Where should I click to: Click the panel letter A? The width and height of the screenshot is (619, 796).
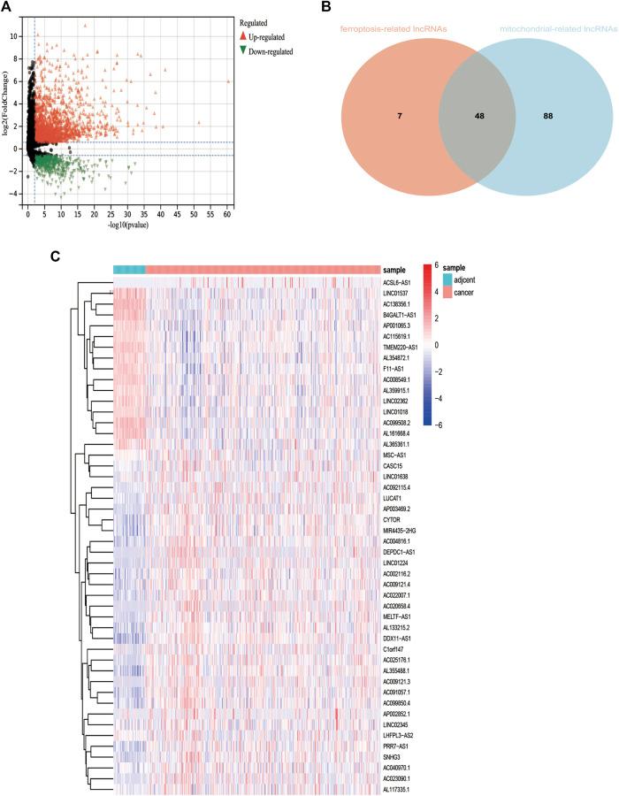pos(8,9)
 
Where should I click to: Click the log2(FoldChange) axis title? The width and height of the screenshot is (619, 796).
pos(6,111)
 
